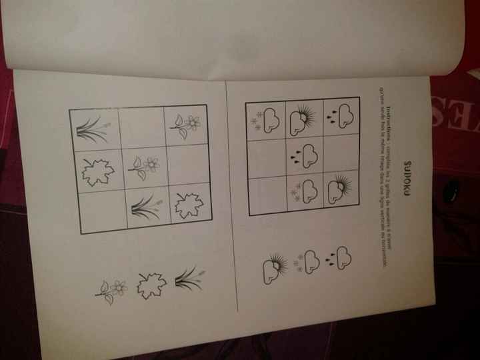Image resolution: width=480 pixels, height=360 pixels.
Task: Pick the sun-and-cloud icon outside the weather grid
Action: click(273, 267)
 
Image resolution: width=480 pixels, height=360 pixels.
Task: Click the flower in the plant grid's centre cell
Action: click(144, 167)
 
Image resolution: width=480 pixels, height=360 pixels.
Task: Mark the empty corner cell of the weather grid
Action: click(267, 195)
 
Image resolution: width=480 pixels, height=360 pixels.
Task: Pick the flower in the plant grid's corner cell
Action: click(186, 124)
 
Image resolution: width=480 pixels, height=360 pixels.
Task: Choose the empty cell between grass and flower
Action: click(141, 125)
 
